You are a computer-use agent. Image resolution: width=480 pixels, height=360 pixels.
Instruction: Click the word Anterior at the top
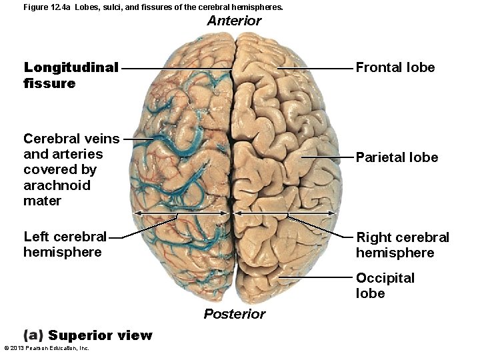point(234,21)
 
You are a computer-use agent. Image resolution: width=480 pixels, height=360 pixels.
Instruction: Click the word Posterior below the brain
point(234,314)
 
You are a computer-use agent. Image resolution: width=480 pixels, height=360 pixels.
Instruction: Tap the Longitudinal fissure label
point(71,75)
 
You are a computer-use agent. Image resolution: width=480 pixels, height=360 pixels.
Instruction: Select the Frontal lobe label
point(395,67)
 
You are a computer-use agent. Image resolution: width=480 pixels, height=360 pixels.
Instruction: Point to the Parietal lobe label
point(397,157)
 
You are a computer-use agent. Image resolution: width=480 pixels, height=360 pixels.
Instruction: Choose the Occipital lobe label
point(385,285)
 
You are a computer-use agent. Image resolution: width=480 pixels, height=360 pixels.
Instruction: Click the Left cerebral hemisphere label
point(65,244)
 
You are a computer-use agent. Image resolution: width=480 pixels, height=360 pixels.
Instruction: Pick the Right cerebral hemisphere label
point(402,245)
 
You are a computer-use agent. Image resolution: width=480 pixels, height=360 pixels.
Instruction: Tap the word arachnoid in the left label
point(57,185)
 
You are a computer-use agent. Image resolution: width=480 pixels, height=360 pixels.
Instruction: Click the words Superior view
point(100,335)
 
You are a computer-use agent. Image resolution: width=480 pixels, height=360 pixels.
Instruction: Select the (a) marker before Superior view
point(33,335)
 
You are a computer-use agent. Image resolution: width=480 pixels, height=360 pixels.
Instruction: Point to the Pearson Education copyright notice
point(47,348)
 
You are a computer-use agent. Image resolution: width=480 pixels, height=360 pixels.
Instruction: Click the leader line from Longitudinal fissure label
point(177,68)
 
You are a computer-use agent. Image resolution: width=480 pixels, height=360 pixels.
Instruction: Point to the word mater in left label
point(42,201)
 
